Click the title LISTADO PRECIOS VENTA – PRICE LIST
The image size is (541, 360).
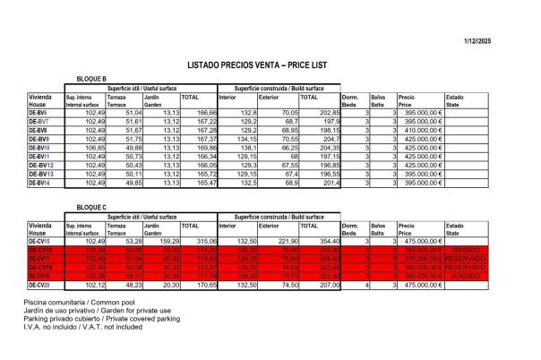(x=269, y=65)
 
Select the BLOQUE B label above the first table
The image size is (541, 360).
(x=93, y=79)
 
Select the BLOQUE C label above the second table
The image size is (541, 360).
(x=93, y=207)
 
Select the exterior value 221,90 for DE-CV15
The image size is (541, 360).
(x=286, y=241)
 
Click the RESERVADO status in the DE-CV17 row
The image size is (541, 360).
(x=465, y=259)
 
